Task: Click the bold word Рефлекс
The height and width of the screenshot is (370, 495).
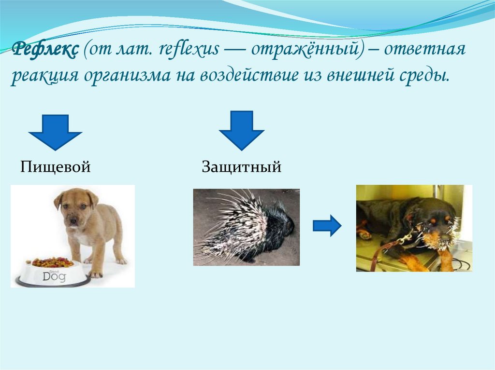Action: click(45, 49)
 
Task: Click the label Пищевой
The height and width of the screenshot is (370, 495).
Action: click(56, 167)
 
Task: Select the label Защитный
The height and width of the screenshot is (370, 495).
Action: click(241, 167)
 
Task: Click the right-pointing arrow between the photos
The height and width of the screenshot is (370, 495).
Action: click(327, 226)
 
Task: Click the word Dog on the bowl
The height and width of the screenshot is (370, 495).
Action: click(54, 276)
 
